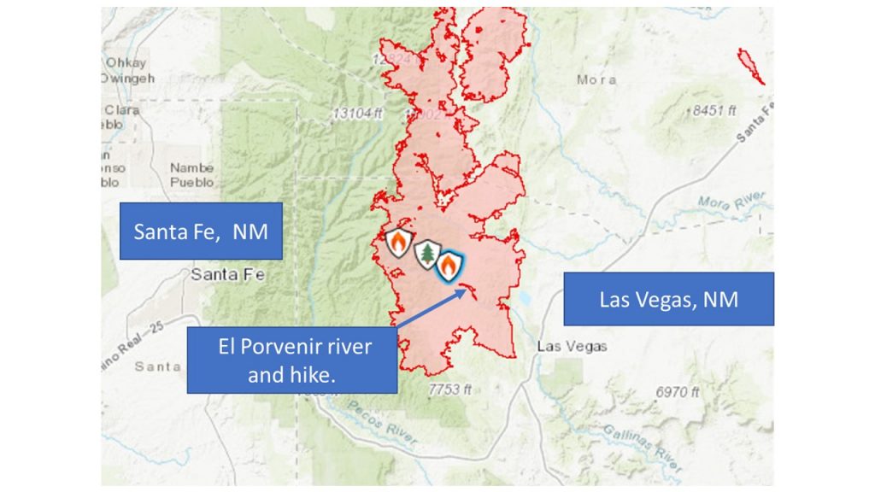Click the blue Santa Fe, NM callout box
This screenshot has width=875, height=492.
click(202, 231)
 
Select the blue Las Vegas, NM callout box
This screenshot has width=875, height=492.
click(668, 299)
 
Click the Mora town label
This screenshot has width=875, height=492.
click(596, 79)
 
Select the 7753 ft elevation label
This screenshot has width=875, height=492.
click(449, 389)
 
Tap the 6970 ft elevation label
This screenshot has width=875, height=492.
click(677, 392)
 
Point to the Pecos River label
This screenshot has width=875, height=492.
click(385, 425)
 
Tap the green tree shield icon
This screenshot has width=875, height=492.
click(426, 254)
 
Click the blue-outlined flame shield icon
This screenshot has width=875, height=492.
click(449, 266)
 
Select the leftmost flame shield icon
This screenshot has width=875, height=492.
click(397, 243)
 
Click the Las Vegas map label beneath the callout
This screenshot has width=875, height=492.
click(572, 346)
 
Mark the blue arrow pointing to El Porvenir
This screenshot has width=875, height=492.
click(432, 311)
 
